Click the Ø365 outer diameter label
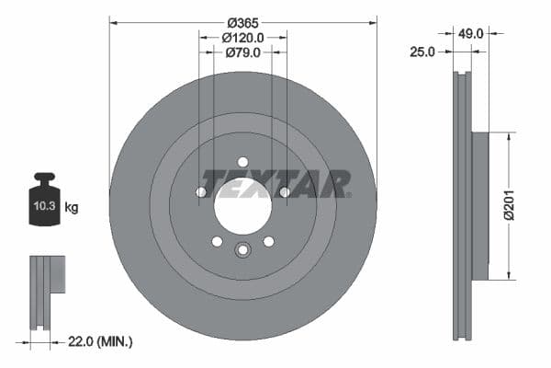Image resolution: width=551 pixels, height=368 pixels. click(242, 21)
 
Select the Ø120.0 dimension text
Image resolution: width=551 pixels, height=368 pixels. click(242, 38)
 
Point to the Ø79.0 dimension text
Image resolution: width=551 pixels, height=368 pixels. click(242, 53)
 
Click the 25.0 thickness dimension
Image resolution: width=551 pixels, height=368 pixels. click(422, 52)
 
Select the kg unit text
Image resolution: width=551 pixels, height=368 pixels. click(72, 208)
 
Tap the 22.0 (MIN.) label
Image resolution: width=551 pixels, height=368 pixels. click(101, 341)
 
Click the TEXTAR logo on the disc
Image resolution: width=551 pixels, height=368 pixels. click(275, 183)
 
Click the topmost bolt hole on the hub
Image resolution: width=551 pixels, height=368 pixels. click(242, 162)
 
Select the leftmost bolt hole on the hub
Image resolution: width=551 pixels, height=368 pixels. click(201, 192)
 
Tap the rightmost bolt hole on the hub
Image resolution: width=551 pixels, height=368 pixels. click(284, 192)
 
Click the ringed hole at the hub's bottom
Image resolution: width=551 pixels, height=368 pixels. click(242, 249)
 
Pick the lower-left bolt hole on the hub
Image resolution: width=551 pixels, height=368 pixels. click(217, 241)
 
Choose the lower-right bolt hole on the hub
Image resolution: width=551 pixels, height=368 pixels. click(268, 241)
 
